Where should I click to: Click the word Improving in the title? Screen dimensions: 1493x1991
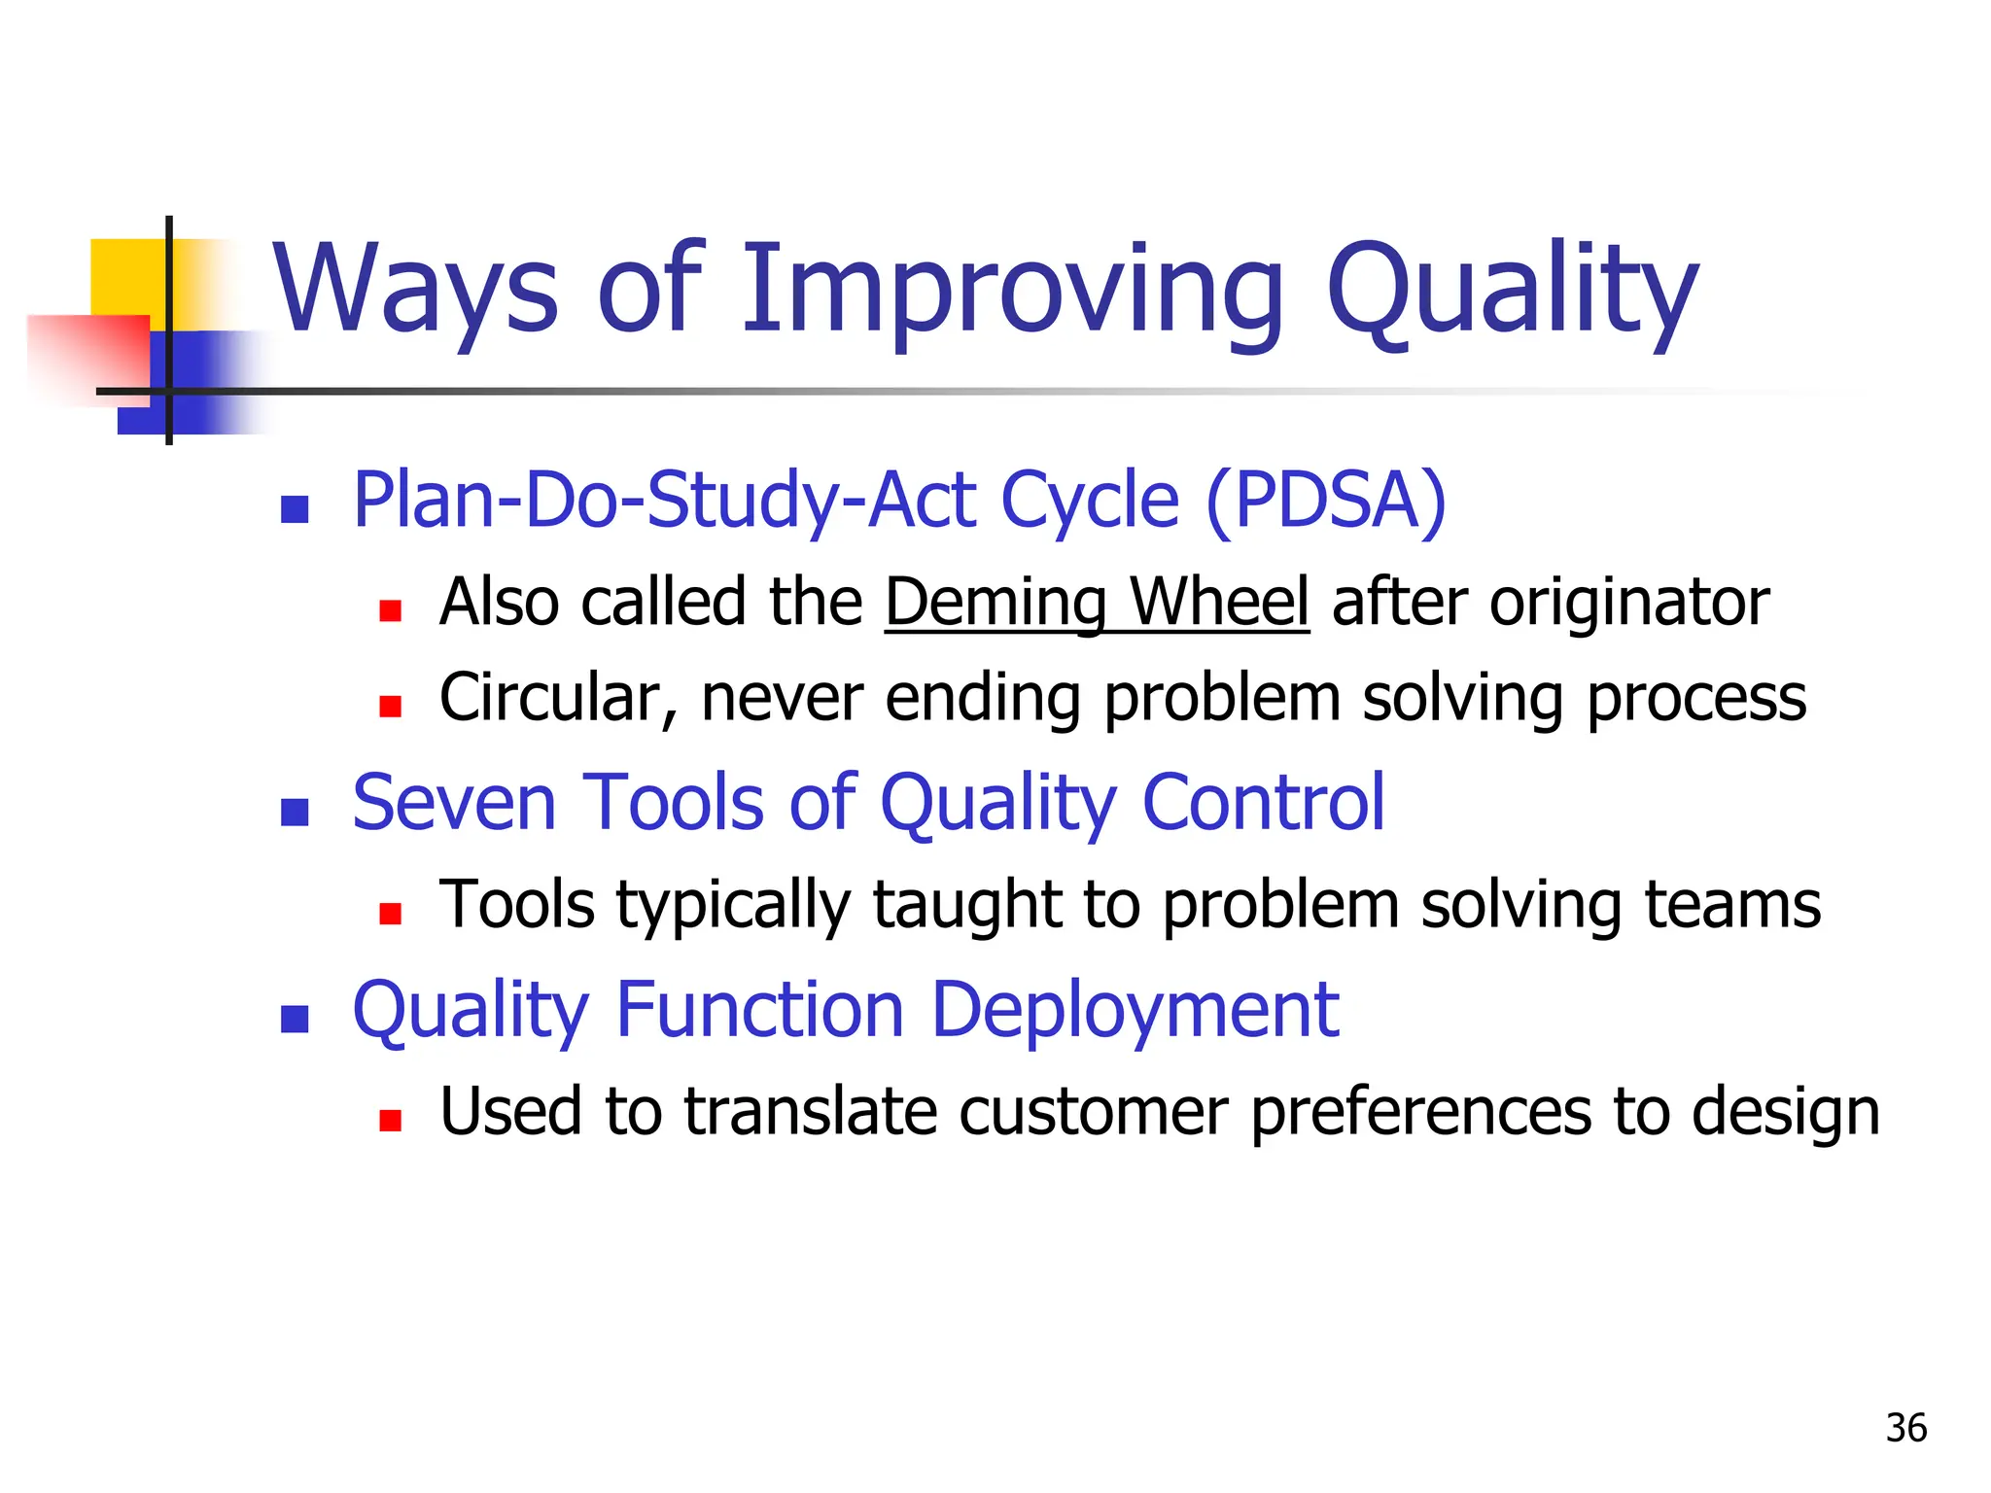1011,289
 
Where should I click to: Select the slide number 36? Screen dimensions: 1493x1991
1905,1428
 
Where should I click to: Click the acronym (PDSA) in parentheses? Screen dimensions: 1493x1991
1325,501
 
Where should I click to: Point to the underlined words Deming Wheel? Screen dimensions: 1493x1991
1097,602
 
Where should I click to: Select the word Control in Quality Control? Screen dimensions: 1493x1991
1263,803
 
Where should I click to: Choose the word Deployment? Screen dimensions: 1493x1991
1135,1010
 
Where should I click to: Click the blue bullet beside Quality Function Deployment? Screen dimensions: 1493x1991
295,1019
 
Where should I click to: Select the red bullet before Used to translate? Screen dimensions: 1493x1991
390,1121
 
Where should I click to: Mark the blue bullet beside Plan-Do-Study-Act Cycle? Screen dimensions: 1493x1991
295,509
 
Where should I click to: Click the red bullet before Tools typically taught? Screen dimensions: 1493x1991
390,914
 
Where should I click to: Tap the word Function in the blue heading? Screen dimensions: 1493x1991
760,1010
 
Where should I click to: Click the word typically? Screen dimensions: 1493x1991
733,906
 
